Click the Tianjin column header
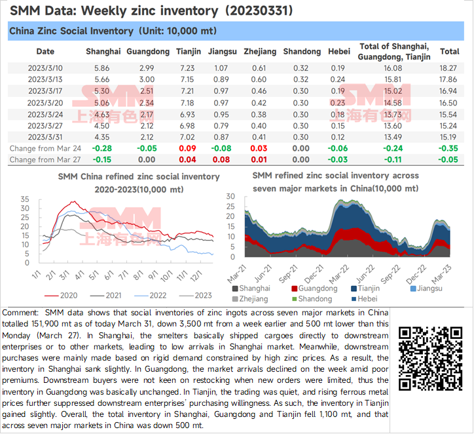(189, 51)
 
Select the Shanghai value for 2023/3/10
(102, 68)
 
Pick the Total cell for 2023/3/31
(448, 137)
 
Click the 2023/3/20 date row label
(45, 103)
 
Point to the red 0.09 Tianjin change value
(187, 148)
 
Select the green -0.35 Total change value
(448, 148)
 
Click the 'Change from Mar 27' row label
(45, 159)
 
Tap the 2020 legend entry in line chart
(61, 296)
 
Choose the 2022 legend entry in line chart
(150, 296)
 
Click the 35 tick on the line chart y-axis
(25, 199)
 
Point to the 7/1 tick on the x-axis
(123, 275)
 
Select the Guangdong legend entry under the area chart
(314, 288)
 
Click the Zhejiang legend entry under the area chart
(250, 299)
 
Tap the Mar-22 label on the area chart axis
(339, 273)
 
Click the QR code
(431, 359)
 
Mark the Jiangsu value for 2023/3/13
(221, 79)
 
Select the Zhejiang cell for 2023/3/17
(259, 91)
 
